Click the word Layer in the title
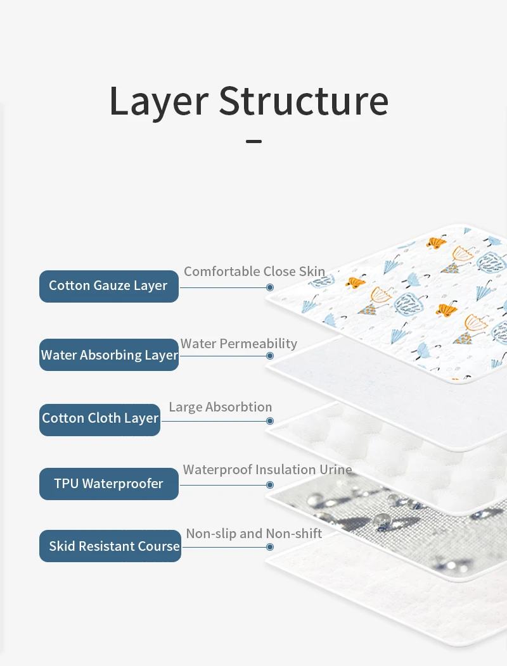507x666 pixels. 158,103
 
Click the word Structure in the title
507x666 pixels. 304,101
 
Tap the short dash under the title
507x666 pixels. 253,141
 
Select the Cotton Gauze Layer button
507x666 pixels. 109,286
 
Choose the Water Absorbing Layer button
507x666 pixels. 109,355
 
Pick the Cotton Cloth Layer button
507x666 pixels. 100,420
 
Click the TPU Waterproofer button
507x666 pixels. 109,484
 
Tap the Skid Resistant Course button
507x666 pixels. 110,546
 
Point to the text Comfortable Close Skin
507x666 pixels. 254,272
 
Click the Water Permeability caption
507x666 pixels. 239,344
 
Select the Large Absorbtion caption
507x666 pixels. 221,407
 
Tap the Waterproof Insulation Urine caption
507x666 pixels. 267,470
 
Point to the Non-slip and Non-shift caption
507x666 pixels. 254,534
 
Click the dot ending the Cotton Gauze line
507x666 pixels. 270,287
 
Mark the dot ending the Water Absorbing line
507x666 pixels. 270,356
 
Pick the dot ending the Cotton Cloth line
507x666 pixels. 270,421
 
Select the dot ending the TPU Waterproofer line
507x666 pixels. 270,485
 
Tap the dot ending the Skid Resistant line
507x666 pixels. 270,547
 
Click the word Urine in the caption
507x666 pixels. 336,470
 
